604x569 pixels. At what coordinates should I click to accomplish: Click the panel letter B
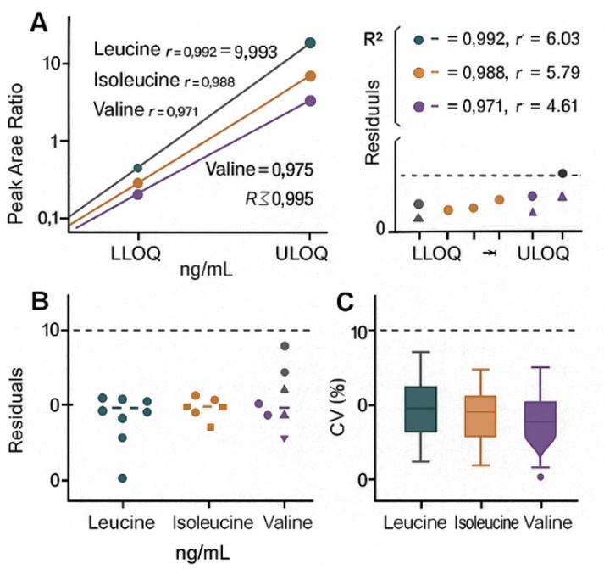pos(38,301)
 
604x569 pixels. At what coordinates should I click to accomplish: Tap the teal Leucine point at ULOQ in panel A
pos(310,43)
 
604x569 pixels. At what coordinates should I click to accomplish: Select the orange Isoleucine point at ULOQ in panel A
pos(310,76)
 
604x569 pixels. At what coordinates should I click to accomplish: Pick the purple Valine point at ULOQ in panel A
pos(310,101)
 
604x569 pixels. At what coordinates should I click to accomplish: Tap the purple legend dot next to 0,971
pos(418,107)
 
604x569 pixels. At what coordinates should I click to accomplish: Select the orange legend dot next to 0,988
pos(418,73)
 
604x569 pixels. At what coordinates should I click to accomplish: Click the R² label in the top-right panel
pos(372,41)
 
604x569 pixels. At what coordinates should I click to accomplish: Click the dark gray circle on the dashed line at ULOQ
pos(562,173)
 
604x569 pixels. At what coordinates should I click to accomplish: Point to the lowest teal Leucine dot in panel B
pos(123,478)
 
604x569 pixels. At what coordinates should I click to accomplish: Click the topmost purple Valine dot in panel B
pos(285,346)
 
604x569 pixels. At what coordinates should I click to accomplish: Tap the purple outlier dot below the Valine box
pos(541,477)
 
